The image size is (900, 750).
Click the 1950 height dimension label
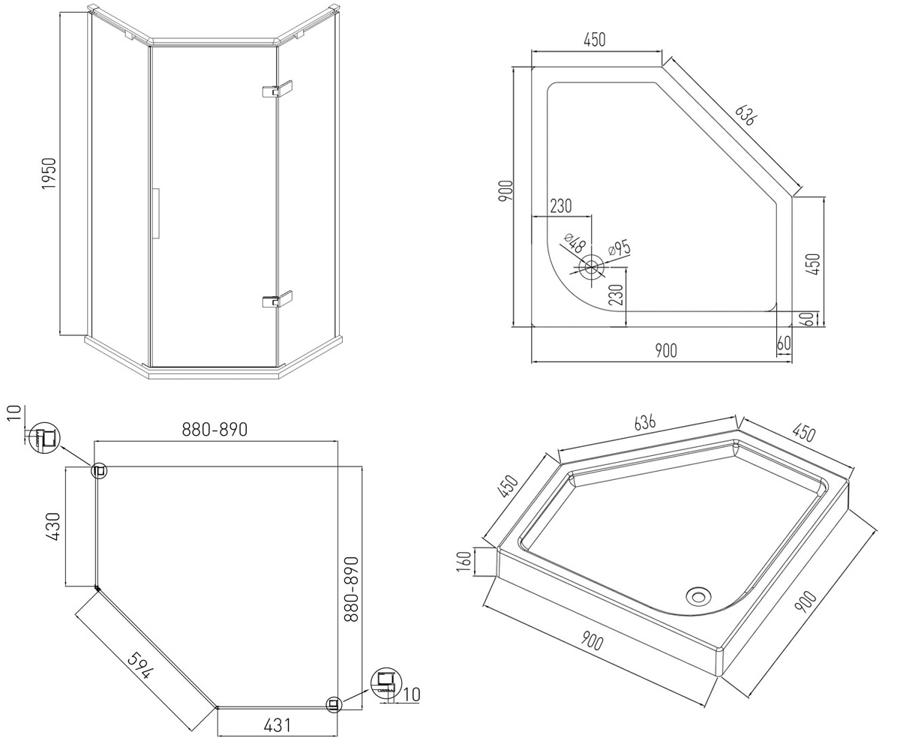pos(49,173)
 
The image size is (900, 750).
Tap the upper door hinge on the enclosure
pos(277,89)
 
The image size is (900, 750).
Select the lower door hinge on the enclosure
pos(277,299)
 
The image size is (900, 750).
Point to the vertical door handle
pos(157,213)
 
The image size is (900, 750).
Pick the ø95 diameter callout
pos(619,250)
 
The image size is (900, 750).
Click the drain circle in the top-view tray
pos(592,267)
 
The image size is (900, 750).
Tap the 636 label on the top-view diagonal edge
pos(745,115)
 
